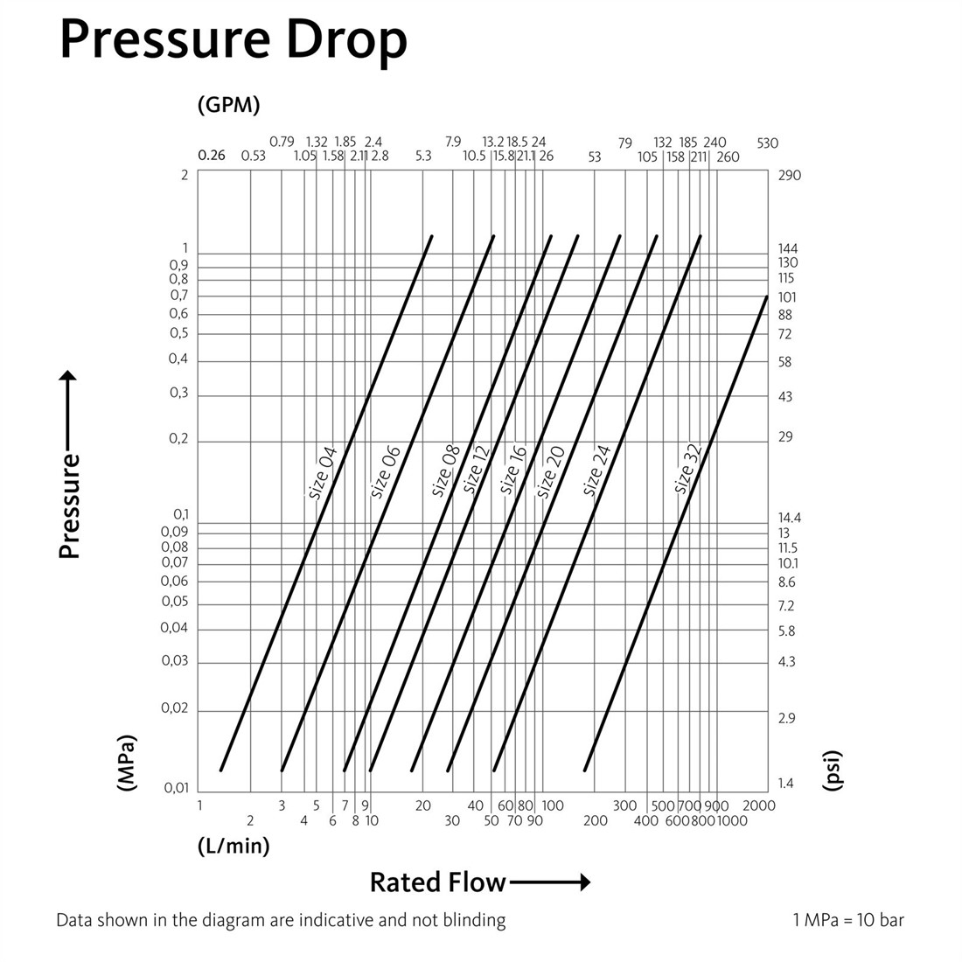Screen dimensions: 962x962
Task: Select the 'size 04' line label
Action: click(x=323, y=473)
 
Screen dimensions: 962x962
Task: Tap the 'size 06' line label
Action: click(x=386, y=471)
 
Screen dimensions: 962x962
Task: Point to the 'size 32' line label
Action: click(x=687, y=469)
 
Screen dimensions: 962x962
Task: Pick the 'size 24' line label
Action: click(x=596, y=471)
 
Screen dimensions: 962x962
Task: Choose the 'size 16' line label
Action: click(x=512, y=470)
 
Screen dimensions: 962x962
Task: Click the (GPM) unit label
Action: click(x=229, y=105)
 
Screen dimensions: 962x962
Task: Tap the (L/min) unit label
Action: click(x=234, y=846)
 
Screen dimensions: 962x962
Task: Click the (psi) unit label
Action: click(x=832, y=770)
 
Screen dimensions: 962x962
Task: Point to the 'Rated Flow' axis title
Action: click(x=438, y=882)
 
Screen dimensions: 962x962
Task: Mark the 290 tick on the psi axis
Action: click(x=790, y=176)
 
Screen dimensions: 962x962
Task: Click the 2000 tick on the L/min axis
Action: click(x=759, y=805)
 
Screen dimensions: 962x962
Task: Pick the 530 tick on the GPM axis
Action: click(x=768, y=143)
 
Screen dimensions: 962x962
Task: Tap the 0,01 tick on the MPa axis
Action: click(x=177, y=788)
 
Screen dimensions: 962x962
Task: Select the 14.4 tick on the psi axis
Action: click(x=790, y=518)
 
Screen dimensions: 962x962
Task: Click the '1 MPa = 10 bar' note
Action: click(x=848, y=920)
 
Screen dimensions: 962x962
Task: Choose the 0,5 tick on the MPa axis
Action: click(x=178, y=333)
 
